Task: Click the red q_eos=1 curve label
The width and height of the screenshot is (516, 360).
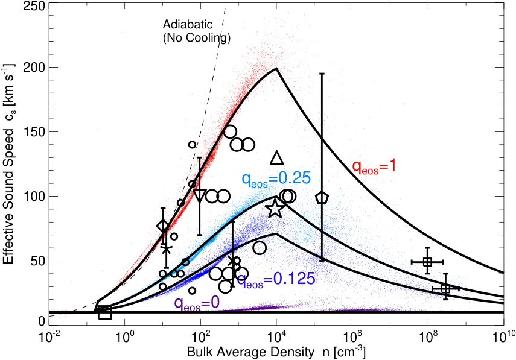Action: [374, 166]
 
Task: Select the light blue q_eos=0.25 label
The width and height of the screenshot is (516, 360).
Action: [276, 180]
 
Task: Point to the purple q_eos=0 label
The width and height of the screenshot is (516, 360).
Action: [197, 303]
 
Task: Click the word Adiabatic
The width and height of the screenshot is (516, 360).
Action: [188, 24]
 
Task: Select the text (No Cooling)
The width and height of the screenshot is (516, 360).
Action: [197, 38]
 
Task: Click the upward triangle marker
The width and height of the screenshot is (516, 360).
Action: [277, 158]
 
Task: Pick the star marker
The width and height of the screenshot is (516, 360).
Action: [275, 209]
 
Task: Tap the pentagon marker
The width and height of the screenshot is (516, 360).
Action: [322, 197]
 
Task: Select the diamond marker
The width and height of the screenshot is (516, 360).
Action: [163, 226]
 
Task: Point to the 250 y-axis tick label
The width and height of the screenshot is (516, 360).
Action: [34, 6]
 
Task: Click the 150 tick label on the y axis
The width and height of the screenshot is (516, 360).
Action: [34, 132]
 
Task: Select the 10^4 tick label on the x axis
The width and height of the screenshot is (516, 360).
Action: [277, 338]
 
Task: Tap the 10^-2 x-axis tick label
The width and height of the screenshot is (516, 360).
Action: [49, 338]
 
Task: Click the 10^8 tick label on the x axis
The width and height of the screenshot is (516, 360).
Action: [428, 338]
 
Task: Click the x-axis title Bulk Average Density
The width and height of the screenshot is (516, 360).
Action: [250, 352]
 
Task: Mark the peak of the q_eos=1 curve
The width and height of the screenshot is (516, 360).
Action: [276, 68]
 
